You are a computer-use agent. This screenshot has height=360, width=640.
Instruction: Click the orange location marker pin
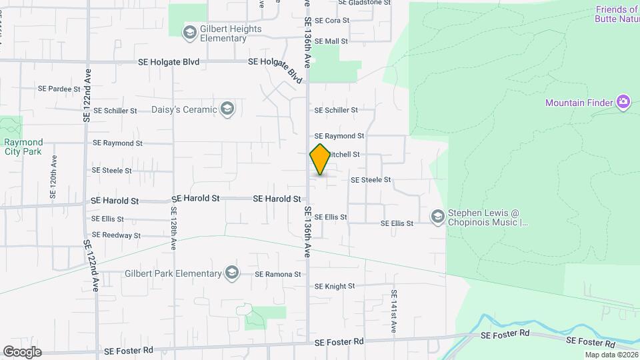(320, 159)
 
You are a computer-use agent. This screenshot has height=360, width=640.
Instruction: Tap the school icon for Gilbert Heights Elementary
(190, 31)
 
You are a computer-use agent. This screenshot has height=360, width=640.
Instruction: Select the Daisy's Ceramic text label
(185, 109)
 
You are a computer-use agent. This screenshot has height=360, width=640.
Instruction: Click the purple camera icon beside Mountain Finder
(623, 102)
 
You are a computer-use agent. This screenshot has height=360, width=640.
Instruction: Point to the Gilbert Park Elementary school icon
(231, 273)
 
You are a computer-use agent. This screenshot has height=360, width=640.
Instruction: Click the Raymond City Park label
(23, 147)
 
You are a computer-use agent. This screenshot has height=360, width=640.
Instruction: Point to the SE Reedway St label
(116, 235)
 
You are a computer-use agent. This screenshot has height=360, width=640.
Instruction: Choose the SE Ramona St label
(278, 275)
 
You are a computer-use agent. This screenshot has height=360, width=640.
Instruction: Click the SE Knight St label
(335, 287)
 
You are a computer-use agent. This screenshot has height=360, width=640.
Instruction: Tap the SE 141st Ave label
(394, 312)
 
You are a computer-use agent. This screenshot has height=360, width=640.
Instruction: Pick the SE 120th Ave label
(53, 177)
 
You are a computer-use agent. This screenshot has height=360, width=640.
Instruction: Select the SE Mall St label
(331, 41)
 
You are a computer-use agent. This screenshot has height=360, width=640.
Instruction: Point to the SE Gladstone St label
(364, 3)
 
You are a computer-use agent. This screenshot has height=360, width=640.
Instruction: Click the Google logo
(22, 351)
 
